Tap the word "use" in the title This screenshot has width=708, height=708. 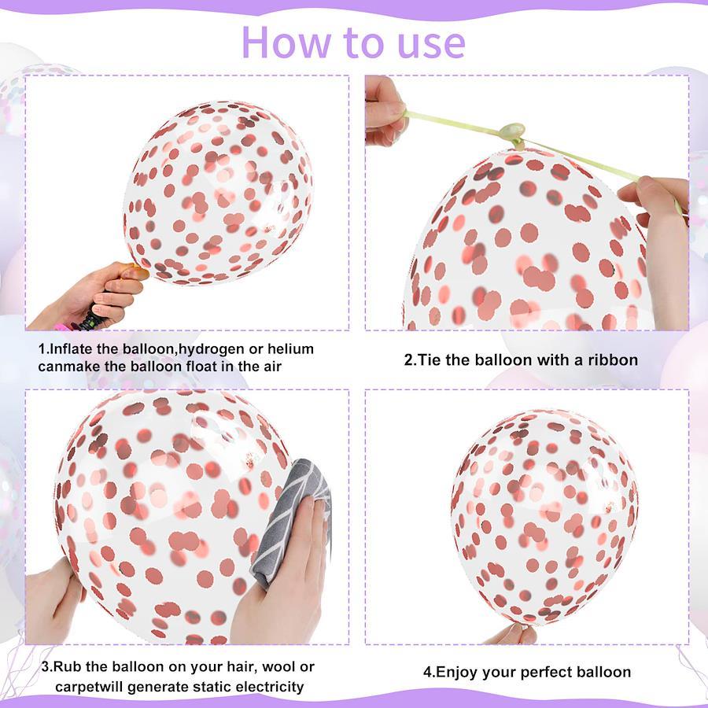(x=431, y=45)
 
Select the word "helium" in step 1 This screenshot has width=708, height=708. (x=291, y=348)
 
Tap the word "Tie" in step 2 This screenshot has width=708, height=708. (x=429, y=360)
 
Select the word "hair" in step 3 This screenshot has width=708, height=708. (x=242, y=667)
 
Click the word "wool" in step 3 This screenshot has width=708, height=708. (x=278, y=667)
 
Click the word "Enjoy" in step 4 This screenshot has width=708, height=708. (x=457, y=673)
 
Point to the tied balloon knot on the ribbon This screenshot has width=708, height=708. (x=513, y=133)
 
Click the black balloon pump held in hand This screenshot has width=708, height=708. (x=90, y=319)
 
